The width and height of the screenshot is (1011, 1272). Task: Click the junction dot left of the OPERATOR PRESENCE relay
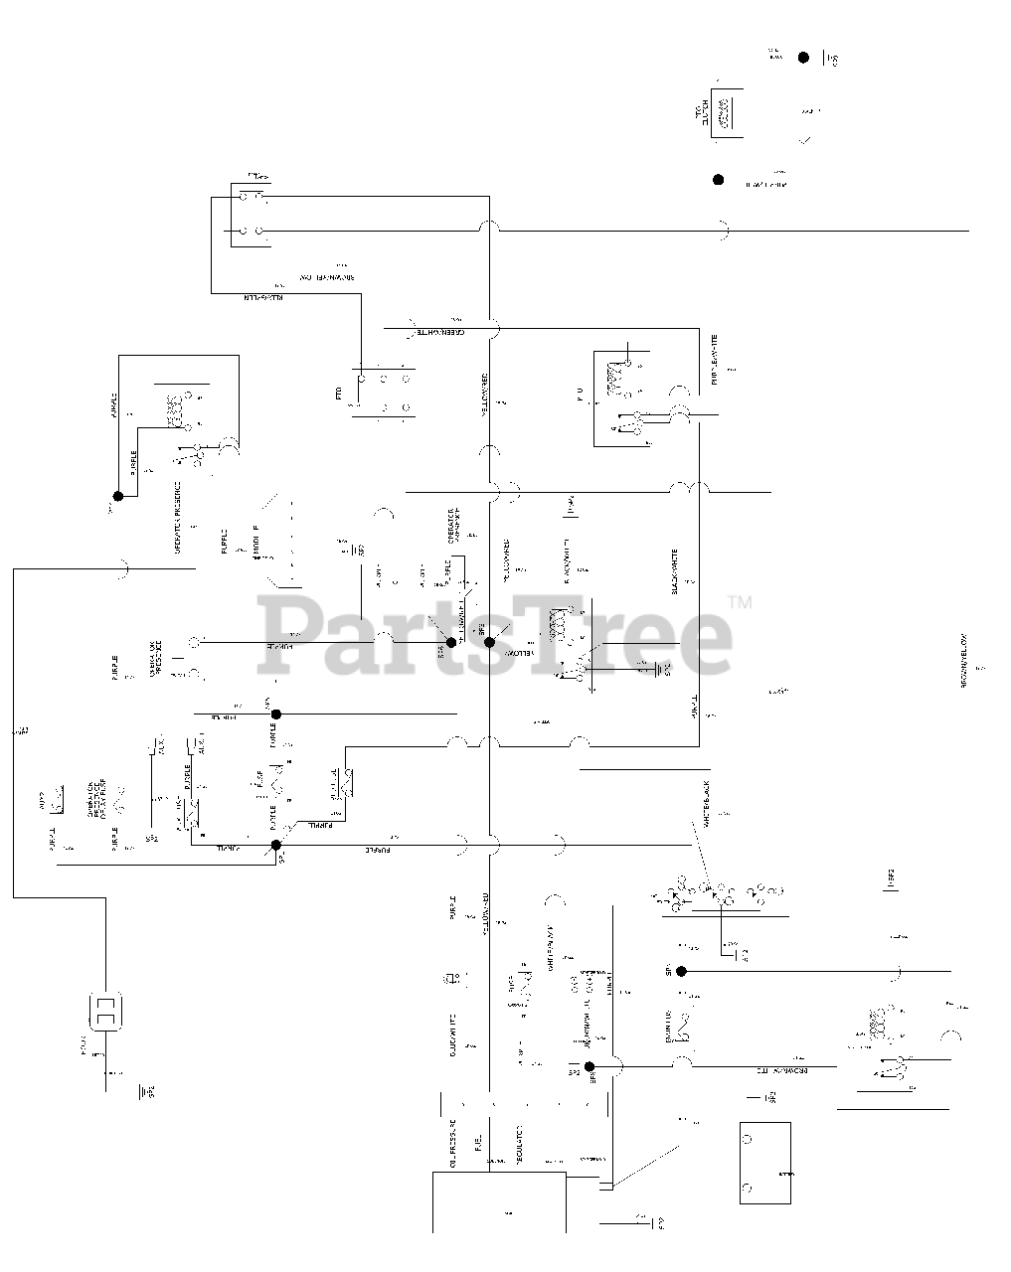[117, 496]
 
